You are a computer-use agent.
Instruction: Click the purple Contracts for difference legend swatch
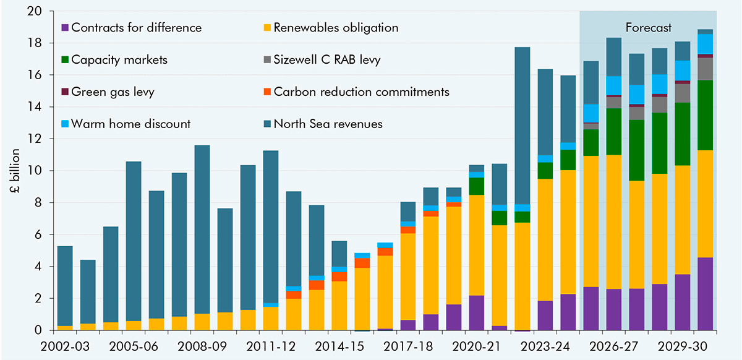tap(65, 28)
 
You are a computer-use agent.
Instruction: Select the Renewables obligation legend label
tap(336, 28)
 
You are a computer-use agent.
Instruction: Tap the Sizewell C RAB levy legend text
tap(327, 60)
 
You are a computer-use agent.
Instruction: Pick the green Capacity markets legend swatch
tap(65, 60)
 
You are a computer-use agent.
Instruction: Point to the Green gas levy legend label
tap(112, 92)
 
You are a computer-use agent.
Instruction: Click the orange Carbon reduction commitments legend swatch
tap(267, 92)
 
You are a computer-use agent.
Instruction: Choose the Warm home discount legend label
tap(131, 124)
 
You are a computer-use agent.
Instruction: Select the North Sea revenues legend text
tap(328, 124)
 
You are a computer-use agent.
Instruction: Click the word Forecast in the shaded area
tap(648, 28)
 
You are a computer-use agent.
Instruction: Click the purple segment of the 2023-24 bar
tap(545, 315)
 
